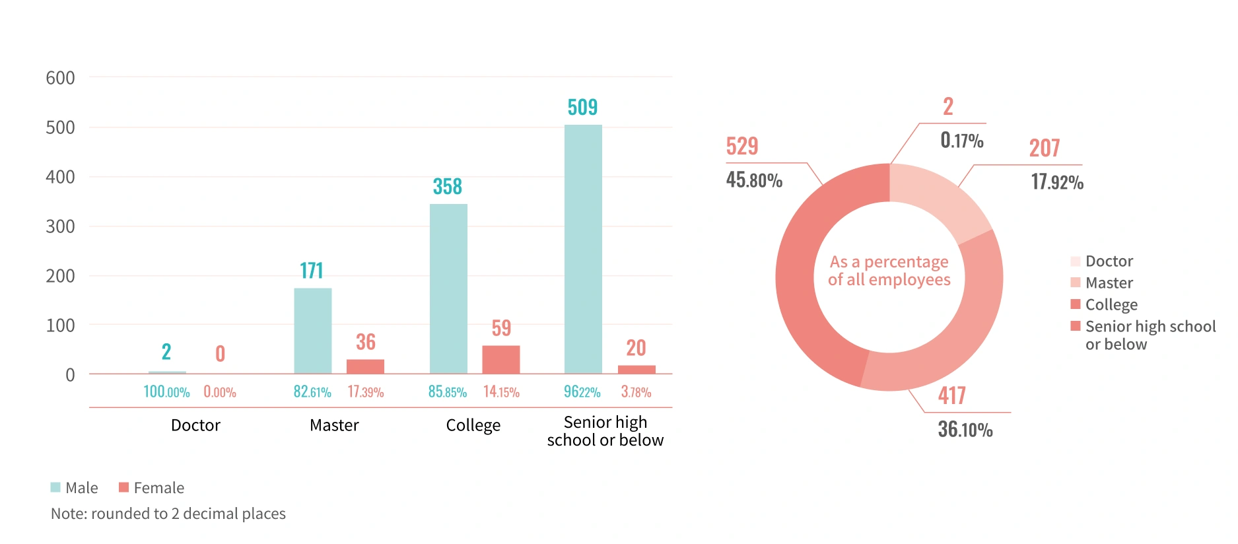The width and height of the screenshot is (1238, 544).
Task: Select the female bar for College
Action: tap(501, 359)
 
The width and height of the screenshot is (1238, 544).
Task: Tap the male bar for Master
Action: tap(313, 331)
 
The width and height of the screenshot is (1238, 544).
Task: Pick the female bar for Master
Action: tap(365, 366)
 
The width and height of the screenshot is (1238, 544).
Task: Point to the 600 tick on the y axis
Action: tap(60, 78)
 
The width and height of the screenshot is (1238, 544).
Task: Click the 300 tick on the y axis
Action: tap(60, 226)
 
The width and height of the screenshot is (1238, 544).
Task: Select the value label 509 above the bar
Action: tap(582, 107)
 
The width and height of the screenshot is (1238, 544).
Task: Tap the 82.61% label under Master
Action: tap(312, 392)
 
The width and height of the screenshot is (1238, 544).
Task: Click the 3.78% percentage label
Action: tap(636, 392)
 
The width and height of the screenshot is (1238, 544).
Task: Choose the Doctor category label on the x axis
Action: tap(195, 425)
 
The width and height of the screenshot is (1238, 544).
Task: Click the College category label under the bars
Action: tap(473, 425)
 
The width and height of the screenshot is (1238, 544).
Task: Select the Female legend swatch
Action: tap(123, 487)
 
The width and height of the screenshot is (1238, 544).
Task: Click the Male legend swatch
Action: tap(55, 487)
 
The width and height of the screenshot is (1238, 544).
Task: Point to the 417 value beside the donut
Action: tap(951, 395)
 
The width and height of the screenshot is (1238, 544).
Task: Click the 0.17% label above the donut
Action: tap(962, 141)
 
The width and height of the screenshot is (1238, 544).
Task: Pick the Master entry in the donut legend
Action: tap(1109, 283)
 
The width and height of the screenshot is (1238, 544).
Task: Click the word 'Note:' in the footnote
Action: tap(69, 514)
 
